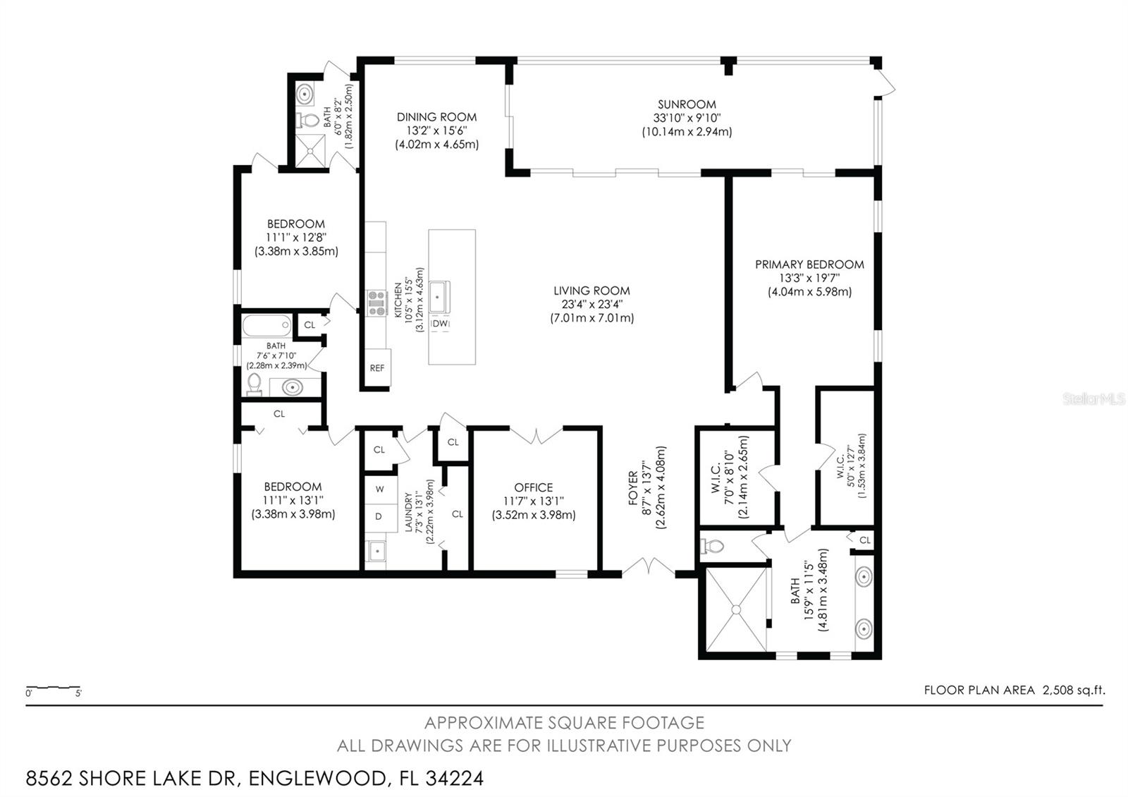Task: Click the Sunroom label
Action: tap(687, 104)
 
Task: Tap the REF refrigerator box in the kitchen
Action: tap(377, 368)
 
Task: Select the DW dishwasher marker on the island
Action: tap(441, 323)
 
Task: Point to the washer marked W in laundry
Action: tap(379, 489)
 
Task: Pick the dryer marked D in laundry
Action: tap(379, 516)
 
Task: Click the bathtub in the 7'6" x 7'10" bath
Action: tap(266, 326)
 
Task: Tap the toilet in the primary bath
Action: tap(713, 546)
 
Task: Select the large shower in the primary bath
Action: tap(735, 609)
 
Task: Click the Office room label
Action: tap(534, 487)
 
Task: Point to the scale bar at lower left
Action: tap(53, 688)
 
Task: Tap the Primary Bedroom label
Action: tap(809, 264)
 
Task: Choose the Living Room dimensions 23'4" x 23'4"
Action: tap(591, 304)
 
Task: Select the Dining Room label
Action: tap(436, 117)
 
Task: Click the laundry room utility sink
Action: tap(376, 550)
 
